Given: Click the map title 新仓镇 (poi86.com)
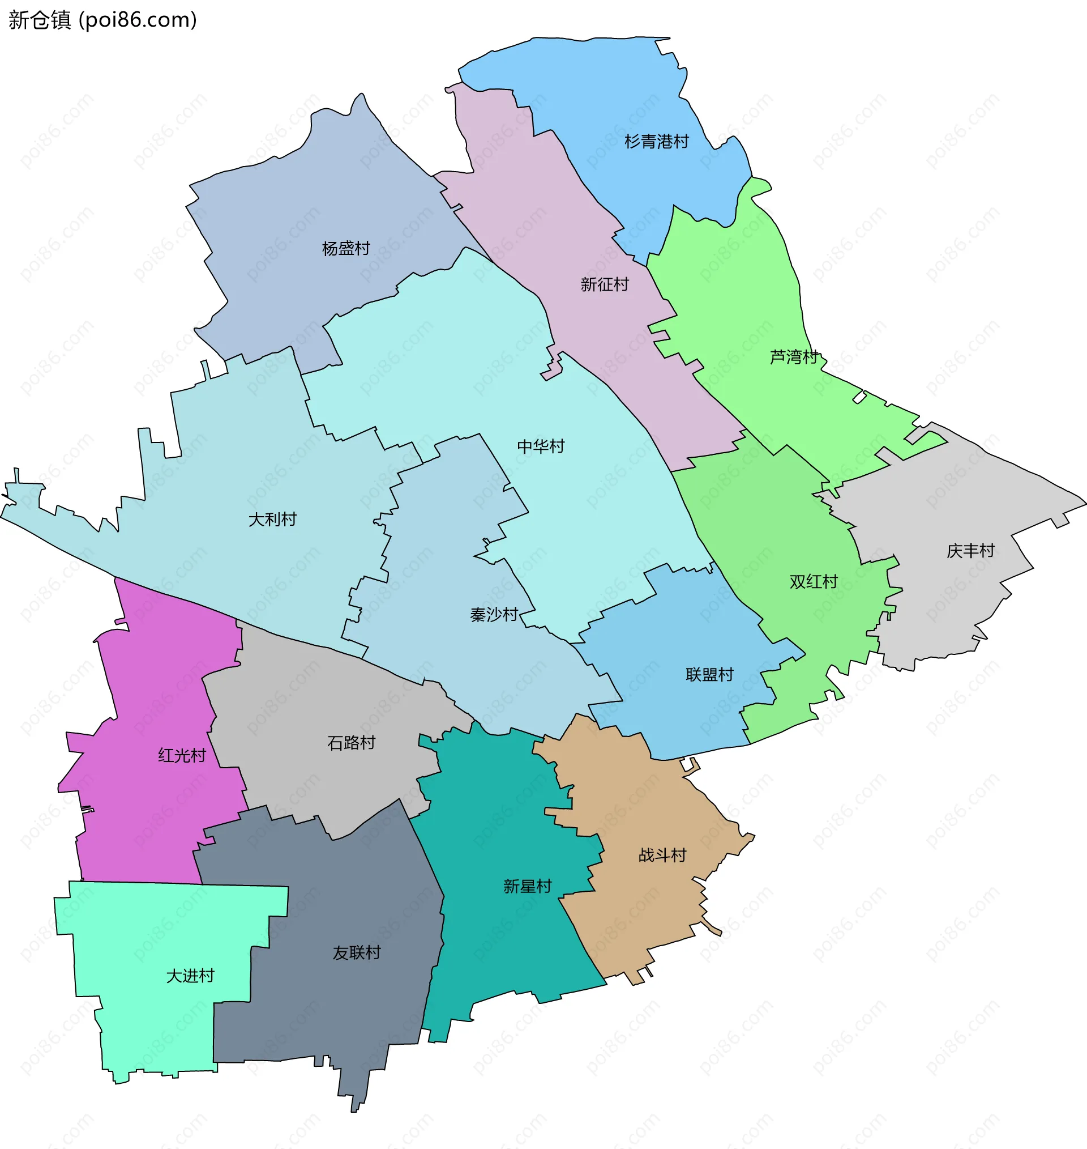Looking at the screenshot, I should tap(102, 20).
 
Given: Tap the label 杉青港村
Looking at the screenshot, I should tap(657, 142).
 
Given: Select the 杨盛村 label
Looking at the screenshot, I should tap(346, 249).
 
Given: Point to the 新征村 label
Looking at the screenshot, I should tap(604, 284).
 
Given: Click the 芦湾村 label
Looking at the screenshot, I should tap(793, 357).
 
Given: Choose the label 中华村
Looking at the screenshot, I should tap(541, 446).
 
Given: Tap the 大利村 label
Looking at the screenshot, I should tap(272, 520).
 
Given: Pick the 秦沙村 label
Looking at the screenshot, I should tap(494, 615).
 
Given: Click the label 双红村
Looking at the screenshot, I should tap(814, 581).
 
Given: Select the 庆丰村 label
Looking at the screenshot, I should tap(970, 551).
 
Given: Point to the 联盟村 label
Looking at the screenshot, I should tap(709, 675).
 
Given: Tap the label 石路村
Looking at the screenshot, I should tap(351, 743).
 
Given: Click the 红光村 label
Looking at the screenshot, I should tap(182, 755).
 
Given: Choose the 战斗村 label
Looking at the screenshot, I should tap(662, 855).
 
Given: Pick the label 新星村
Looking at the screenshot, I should tap(527, 886).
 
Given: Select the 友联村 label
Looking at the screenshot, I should tap(356, 952).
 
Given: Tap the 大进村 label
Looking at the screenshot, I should tap(190, 976).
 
